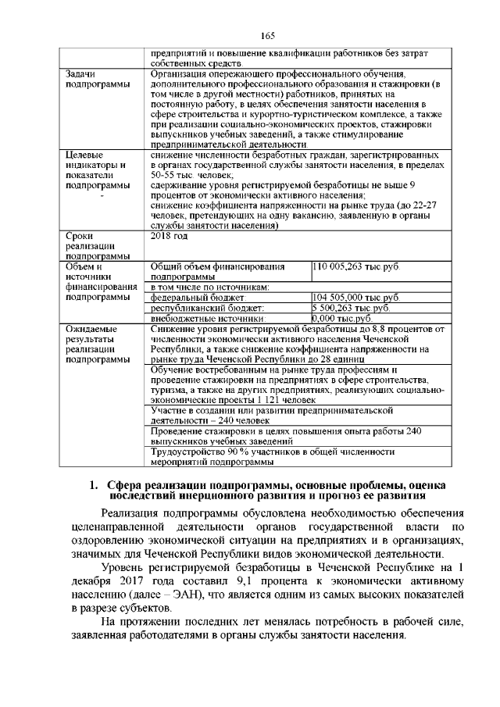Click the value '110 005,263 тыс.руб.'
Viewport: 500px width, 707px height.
click(355, 266)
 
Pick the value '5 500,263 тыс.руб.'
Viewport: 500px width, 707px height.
click(351, 308)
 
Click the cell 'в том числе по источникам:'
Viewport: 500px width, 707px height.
click(209, 287)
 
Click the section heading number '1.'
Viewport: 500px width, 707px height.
click(94, 485)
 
